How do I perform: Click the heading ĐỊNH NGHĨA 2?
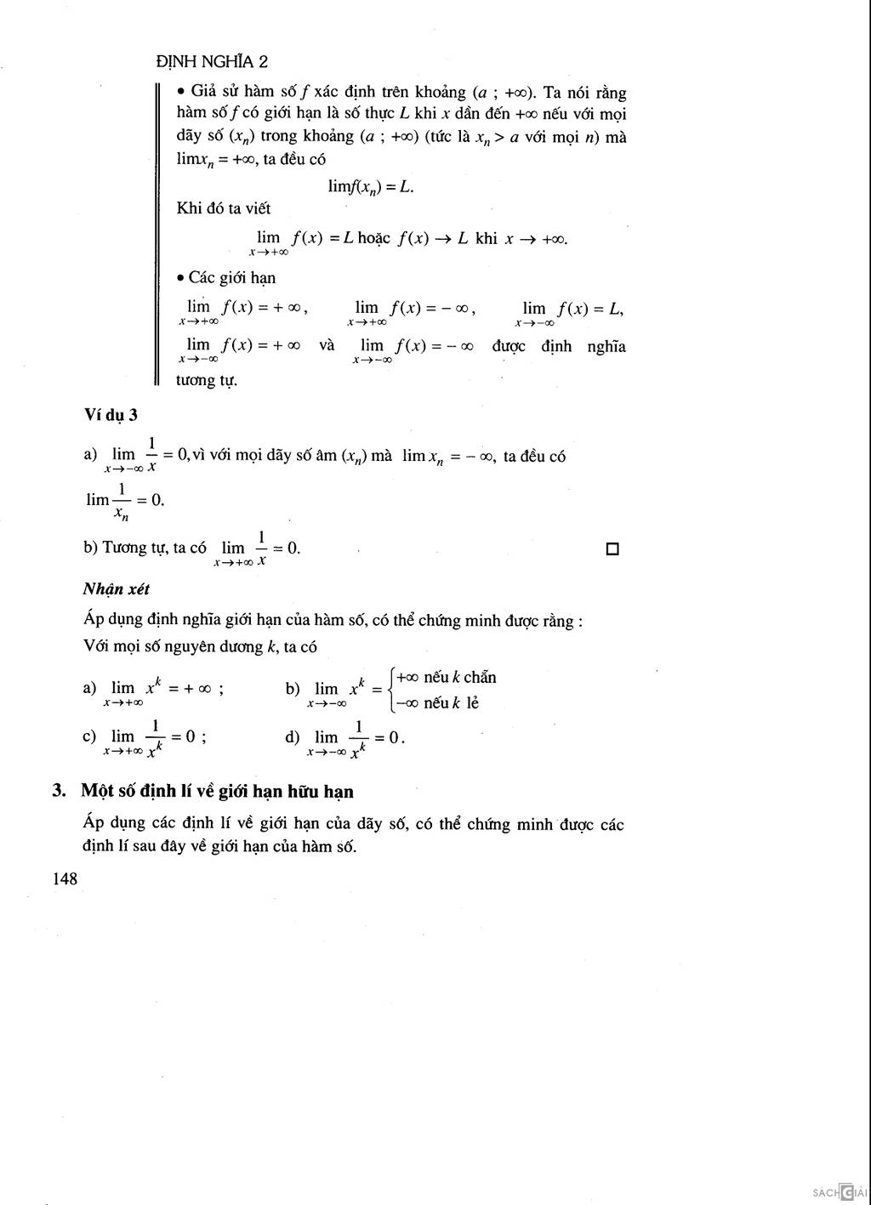[x=213, y=61]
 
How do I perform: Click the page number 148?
[x=65, y=879]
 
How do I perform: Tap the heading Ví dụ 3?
[x=111, y=415]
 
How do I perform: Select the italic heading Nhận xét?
[x=117, y=588]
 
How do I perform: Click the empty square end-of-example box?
[x=612, y=549]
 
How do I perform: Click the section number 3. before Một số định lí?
[x=60, y=792]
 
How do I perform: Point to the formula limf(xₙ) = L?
[x=371, y=186]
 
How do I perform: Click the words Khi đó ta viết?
[x=224, y=208]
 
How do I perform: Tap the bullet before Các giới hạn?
[x=181, y=278]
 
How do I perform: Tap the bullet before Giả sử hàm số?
[x=181, y=92]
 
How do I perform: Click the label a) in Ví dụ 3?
[x=90, y=455]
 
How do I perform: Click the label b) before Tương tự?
[x=90, y=548]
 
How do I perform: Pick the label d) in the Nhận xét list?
[x=293, y=736]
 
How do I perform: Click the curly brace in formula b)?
[x=390, y=690]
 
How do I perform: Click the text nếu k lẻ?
[x=451, y=703]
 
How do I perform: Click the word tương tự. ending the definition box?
[x=207, y=380]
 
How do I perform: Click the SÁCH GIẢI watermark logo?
[x=840, y=1192]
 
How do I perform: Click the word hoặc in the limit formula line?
[x=374, y=238]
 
